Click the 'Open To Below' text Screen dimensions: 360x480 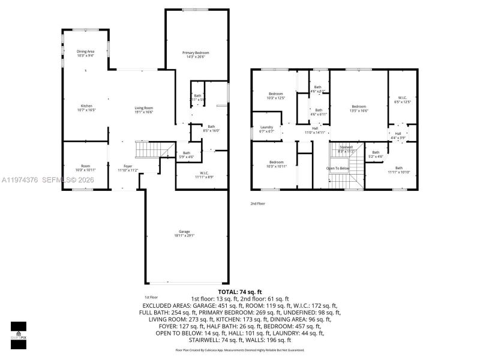[338, 169]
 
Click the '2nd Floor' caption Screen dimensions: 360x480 [258, 204]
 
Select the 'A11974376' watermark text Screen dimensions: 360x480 [20, 179]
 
